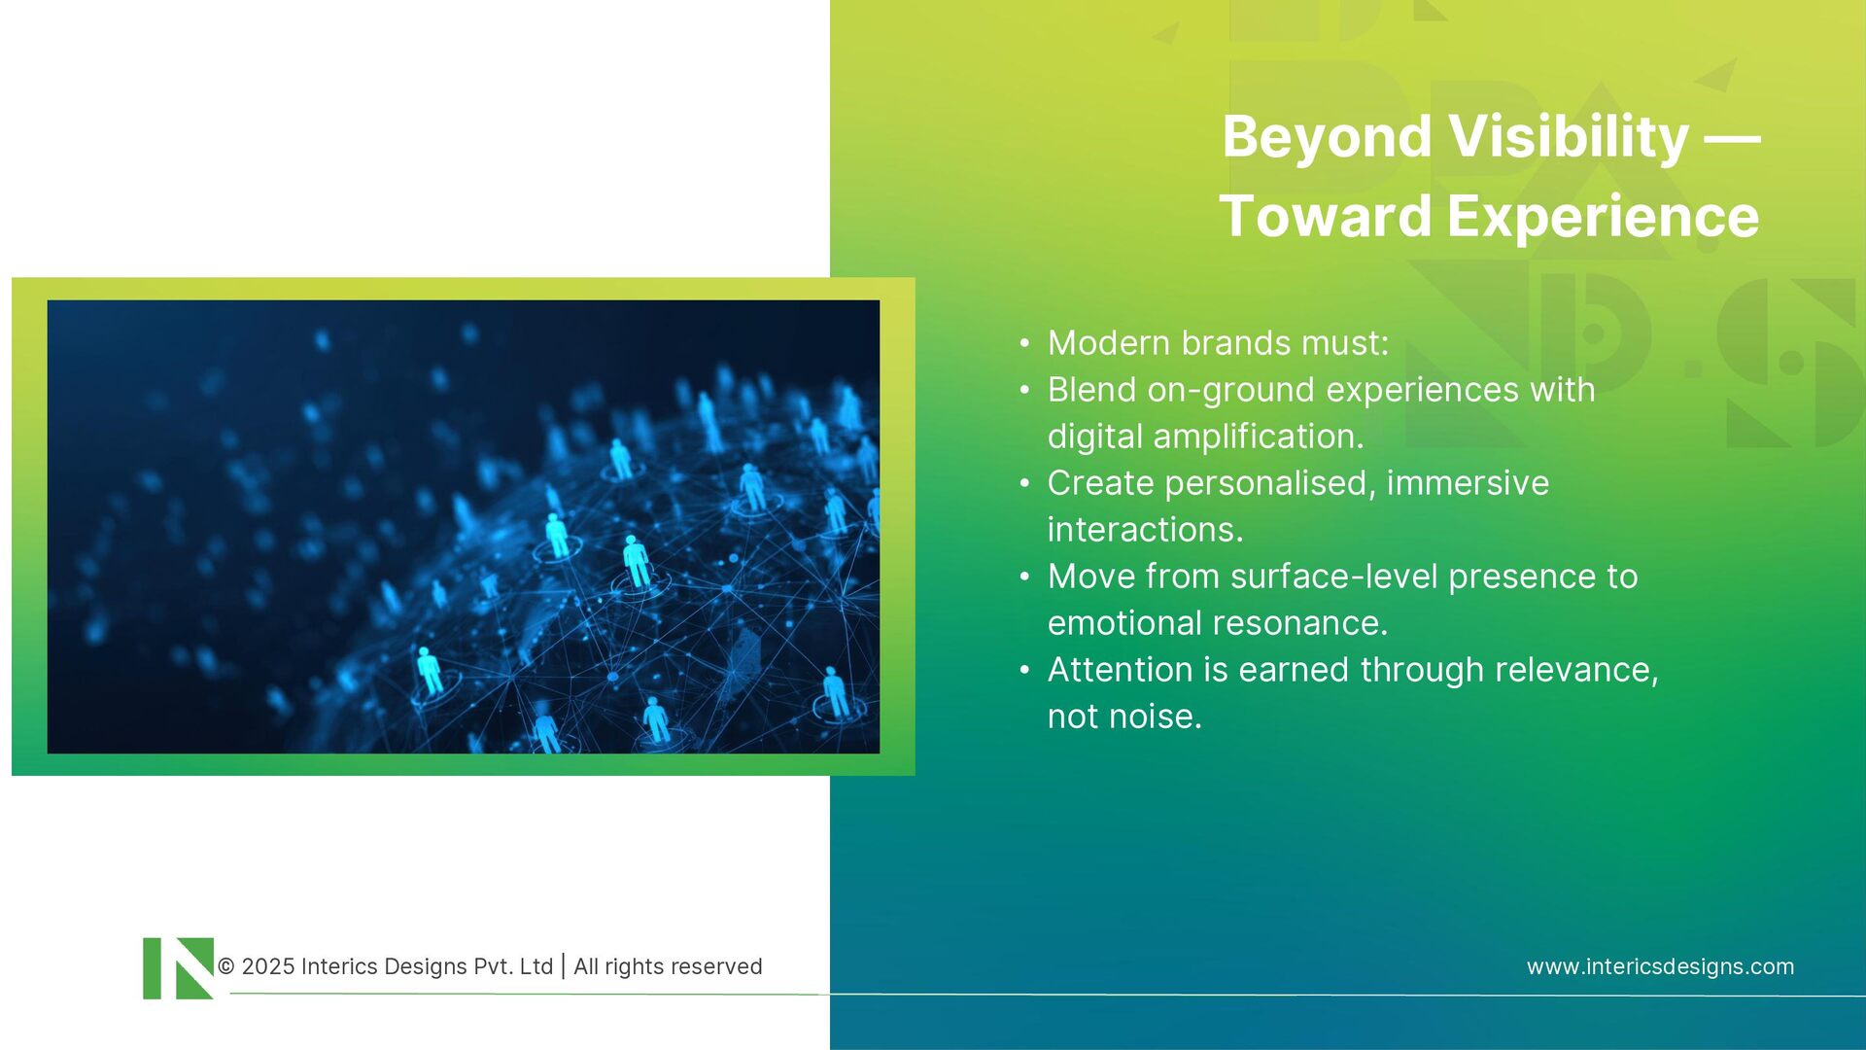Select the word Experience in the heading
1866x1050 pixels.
click(1603, 216)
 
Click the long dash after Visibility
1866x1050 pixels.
click(1733, 138)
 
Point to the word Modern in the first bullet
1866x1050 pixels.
click(1109, 343)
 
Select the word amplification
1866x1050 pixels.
click(1259, 437)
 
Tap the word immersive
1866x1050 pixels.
click(1468, 483)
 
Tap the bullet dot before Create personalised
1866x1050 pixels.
click(1024, 483)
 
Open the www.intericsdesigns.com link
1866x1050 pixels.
click(1660, 966)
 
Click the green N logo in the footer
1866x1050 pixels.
click(179, 968)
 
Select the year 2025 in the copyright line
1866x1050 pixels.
click(267, 966)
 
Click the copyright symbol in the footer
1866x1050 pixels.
click(226, 966)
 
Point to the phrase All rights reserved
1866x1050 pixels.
click(668, 966)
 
